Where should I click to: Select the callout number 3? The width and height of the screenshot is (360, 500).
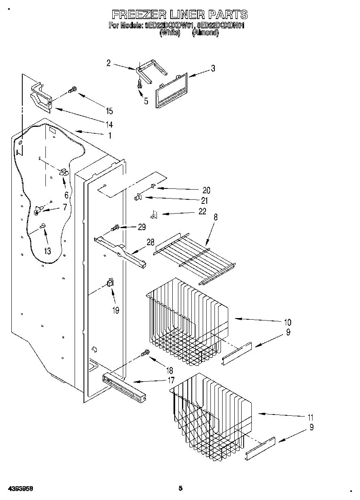(x=213, y=68)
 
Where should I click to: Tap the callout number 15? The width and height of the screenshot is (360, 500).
(x=109, y=111)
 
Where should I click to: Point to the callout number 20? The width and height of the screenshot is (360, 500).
(x=206, y=190)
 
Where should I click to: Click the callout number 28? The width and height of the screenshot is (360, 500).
(x=150, y=242)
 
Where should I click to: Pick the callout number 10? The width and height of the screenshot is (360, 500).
(x=287, y=323)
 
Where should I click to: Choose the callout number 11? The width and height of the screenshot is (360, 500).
(x=311, y=417)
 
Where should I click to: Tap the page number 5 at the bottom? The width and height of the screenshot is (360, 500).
(x=180, y=488)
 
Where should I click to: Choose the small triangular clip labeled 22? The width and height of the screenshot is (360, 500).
(x=153, y=215)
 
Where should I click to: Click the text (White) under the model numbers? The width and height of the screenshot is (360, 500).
(x=169, y=33)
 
